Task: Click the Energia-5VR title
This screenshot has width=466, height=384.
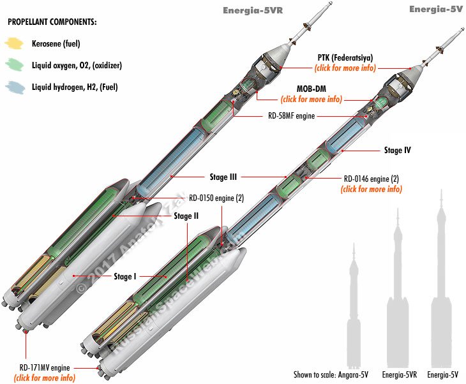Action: click(252, 10)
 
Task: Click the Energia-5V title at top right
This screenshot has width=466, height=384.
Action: click(436, 8)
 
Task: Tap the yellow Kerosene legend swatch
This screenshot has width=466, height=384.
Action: click(14, 44)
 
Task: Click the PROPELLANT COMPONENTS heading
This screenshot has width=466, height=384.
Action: click(52, 22)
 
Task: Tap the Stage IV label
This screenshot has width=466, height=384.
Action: click(397, 151)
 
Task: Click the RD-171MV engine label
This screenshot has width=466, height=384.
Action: click(44, 368)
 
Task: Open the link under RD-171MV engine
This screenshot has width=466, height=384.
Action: click(44, 378)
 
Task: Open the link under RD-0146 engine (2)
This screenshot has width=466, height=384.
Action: click(372, 189)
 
